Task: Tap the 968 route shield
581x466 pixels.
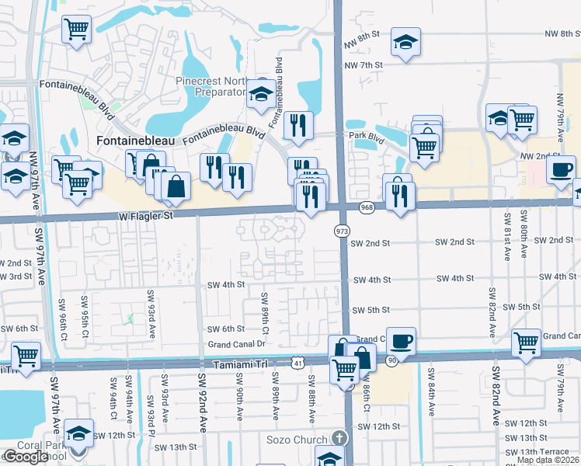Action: click(x=367, y=207)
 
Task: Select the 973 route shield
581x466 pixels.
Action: click(x=342, y=231)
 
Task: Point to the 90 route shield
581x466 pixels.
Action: click(x=392, y=362)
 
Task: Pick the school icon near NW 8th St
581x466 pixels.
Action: click(x=405, y=42)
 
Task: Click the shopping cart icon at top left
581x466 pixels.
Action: click(x=76, y=30)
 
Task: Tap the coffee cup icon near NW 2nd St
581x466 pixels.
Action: click(x=561, y=169)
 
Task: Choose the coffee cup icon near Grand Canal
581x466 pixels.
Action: click(x=401, y=341)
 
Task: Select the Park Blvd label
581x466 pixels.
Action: click(x=367, y=137)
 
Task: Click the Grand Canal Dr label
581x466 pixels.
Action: click(x=236, y=344)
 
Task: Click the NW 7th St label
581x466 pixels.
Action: click(x=370, y=64)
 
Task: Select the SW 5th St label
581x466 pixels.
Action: click(x=371, y=310)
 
